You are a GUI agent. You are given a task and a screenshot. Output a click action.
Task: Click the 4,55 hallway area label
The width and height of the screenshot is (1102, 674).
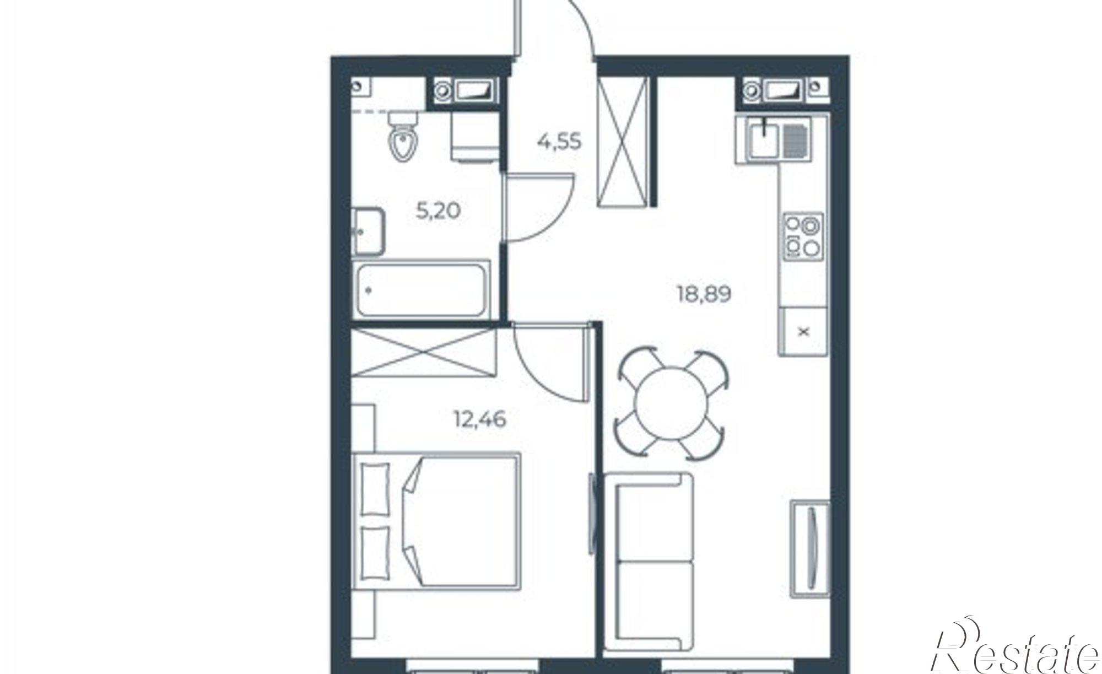tap(559, 142)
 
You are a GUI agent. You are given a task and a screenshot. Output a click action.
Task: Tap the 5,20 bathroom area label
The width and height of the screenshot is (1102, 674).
tap(438, 211)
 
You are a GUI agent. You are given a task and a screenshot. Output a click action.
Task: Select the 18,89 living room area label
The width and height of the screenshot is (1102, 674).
tap(704, 295)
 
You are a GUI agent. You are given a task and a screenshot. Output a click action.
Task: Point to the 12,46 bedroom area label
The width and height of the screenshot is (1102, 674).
tap(479, 420)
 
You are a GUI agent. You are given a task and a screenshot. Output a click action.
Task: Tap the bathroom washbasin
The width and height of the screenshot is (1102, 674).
tap(368, 231)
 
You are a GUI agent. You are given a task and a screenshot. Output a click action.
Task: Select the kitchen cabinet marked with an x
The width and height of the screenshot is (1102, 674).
tap(803, 332)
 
